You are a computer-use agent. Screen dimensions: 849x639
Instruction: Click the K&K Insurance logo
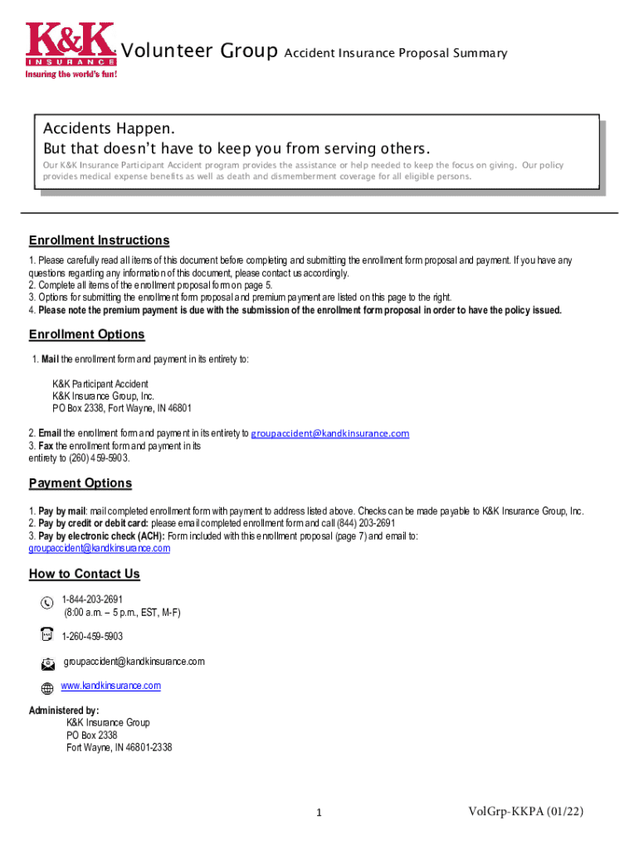(71, 45)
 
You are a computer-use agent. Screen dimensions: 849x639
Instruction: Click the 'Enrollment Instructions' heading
(99, 240)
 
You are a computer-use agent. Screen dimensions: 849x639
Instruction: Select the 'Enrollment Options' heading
(86, 334)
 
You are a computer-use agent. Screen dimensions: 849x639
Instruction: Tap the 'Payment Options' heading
(80, 483)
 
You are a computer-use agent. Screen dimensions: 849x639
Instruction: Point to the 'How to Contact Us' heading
(85, 574)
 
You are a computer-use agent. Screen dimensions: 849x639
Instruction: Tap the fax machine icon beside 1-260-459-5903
(46, 635)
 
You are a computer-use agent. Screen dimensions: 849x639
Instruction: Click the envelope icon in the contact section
(47, 663)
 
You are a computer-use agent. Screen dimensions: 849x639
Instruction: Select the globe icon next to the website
(47, 687)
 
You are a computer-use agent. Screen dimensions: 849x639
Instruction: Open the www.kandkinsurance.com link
(111, 686)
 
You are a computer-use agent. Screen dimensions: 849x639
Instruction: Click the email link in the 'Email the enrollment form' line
(330, 434)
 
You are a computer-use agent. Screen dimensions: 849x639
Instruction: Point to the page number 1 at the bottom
(319, 813)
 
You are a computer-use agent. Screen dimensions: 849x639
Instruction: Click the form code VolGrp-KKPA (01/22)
(526, 811)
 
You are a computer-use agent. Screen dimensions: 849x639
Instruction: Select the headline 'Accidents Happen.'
(110, 130)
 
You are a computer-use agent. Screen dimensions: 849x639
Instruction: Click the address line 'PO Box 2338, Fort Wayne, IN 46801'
(122, 409)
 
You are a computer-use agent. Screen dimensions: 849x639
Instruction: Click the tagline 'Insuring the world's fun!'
(71, 74)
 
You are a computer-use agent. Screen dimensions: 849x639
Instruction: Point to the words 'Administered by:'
(64, 711)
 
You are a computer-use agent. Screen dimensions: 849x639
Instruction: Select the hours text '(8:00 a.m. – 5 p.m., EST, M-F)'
(122, 613)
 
